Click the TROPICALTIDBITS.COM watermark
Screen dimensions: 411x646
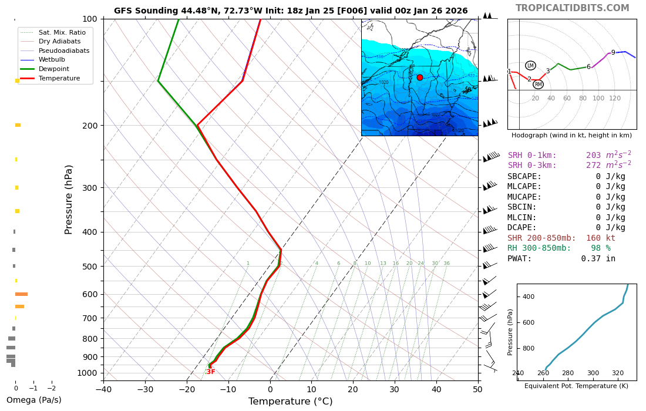[x=572, y=8]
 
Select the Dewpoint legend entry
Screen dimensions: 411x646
[x=53, y=69]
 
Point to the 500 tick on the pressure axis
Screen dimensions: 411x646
[x=90, y=267]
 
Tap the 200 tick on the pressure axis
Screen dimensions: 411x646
[x=90, y=126]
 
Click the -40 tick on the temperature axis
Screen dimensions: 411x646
[x=103, y=389]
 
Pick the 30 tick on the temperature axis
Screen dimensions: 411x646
[x=394, y=389]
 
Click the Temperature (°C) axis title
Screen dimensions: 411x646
[x=290, y=402]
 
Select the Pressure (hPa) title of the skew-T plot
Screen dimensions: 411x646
[x=69, y=200]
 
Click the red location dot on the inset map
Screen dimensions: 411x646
[x=419, y=78]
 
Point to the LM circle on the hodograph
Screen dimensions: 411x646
[x=530, y=66]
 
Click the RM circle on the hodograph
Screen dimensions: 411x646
[x=538, y=85]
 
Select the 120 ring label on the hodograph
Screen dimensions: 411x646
[x=614, y=99]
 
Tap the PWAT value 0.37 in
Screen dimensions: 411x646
[x=598, y=258]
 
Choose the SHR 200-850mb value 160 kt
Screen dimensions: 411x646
[x=600, y=238]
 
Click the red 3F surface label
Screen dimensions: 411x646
[x=210, y=372]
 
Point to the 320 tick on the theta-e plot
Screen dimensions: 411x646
[x=618, y=373]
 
